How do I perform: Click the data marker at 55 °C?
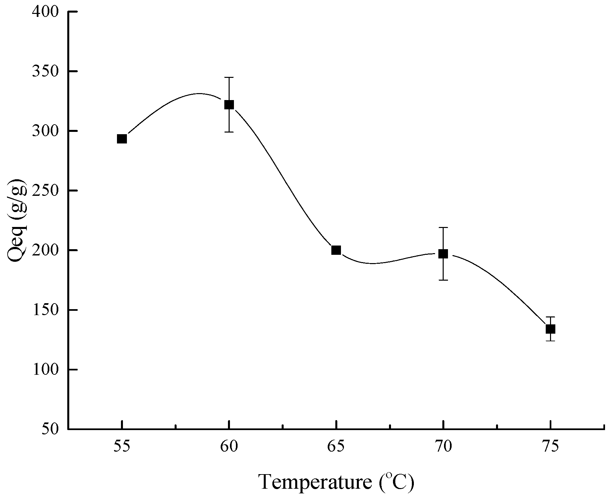click(122, 139)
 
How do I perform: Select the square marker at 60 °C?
click(229, 105)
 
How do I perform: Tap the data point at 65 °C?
click(336, 250)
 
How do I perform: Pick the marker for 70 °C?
click(443, 254)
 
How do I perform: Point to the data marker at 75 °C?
click(550, 329)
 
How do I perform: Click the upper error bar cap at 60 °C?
click(229, 77)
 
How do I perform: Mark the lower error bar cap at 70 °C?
click(443, 280)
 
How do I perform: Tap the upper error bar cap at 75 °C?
click(550, 317)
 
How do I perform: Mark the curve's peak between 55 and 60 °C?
click(198, 93)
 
